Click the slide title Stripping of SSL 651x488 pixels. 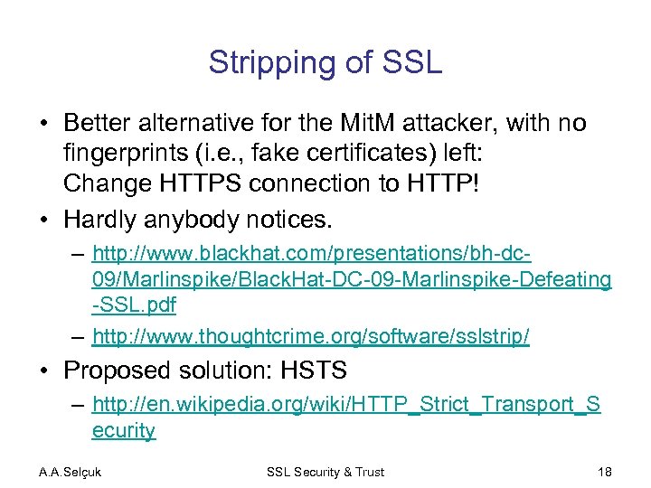(x=325, y=61)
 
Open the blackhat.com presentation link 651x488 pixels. (x=351, y=280)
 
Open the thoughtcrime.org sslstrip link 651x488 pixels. (x=311, y=337)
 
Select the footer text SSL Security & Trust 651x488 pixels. (x=325, y=472)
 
